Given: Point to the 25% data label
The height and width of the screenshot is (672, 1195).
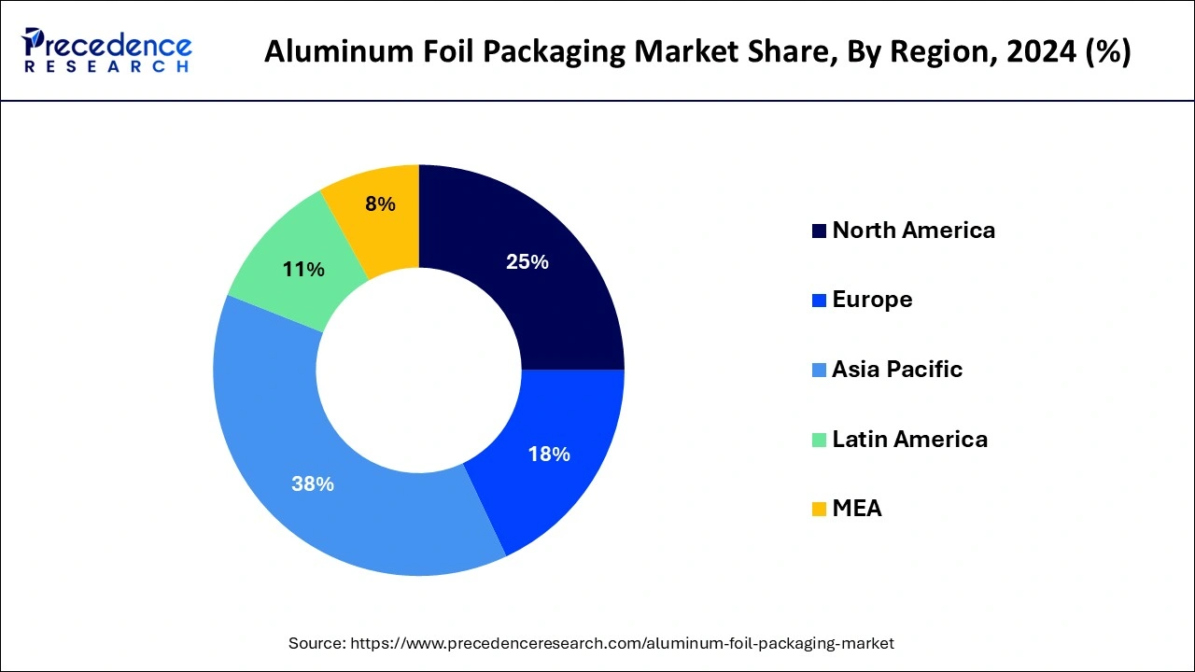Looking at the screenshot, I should (x=527, y=262).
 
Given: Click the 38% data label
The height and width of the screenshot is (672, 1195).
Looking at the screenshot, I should (x=313, y=484).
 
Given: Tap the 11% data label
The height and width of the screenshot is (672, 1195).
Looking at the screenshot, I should (x=303, y=270).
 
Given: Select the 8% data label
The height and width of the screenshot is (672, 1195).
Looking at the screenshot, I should (x=380, y=203).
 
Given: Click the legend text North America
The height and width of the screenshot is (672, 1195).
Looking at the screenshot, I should (x=913, y=230).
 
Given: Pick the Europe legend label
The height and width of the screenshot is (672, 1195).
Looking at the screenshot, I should (x=872, y=299).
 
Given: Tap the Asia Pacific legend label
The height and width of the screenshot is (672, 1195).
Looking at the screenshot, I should (x=897, y=369).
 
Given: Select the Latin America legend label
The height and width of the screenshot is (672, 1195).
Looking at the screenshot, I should (x=909, y=439).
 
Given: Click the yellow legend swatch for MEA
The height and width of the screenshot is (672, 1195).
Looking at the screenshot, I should (x=819, y=509).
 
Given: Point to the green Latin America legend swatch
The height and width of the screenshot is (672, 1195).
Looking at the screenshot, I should (x=819, y=440).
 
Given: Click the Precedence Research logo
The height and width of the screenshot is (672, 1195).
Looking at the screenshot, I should (x=106, y=50).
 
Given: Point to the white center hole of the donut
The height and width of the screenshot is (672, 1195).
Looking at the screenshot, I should (x=418, y=371).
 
